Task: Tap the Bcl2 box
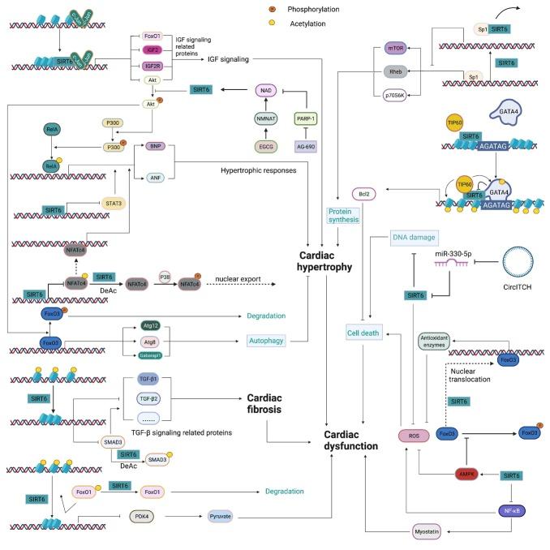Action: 363,194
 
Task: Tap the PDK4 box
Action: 145,516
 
